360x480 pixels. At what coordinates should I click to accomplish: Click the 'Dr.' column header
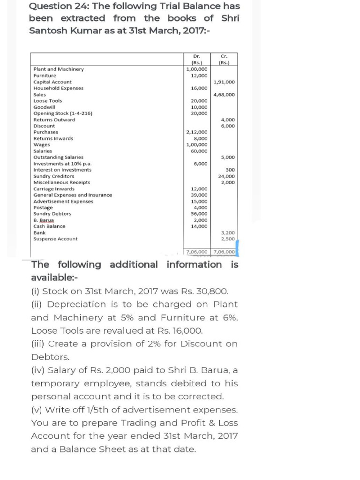click(196, 56)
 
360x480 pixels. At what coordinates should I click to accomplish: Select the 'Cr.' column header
click(224, 56)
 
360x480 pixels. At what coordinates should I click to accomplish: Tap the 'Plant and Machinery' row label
click(59, 69)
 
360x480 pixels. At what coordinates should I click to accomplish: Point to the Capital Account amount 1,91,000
click(224, 82)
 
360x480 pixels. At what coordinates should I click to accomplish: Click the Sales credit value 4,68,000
click(224, 94)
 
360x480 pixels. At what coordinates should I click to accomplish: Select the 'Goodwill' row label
click(44, 107)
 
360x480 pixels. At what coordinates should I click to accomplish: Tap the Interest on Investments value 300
click(230, 170)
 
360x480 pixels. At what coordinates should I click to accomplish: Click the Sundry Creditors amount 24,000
click(226, 176)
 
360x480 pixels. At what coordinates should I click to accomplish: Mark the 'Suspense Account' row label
click(55, 239)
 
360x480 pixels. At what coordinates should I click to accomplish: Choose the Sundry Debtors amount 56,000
click(199, 214)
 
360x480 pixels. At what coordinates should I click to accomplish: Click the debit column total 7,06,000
click(197, 252)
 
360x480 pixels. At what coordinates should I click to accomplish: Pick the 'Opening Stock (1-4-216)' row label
click(63, 113)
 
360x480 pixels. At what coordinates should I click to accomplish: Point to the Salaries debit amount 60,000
click(199, 151)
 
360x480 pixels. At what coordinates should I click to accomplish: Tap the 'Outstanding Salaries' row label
click(58, 157)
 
